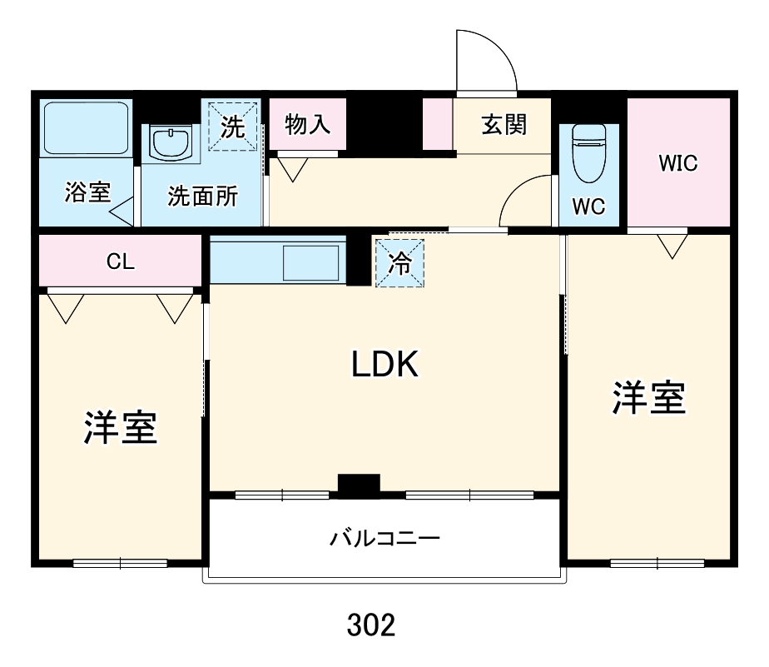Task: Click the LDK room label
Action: click(x=384, y=364)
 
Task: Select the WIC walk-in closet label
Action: click(x=677, y=163)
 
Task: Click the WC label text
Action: click(x=588, y=207)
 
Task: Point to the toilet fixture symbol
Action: click(x=588, y=153)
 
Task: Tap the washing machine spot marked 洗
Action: click(x=232, y=127)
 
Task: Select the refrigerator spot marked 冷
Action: click(x=399, y=263)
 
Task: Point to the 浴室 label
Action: click(x=87, y=193)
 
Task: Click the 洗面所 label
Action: click(x=202, y=197)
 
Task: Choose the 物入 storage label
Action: click(x=308, y=125)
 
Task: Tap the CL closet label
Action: click(x=120, y=261)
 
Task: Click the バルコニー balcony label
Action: click(x=384, y=538)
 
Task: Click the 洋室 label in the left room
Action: click(x=120, y=427)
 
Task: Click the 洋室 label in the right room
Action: click(x=649, y=398)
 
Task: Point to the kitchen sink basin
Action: click(x=310, y=263)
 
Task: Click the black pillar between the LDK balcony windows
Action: click(x=359, y=484)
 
